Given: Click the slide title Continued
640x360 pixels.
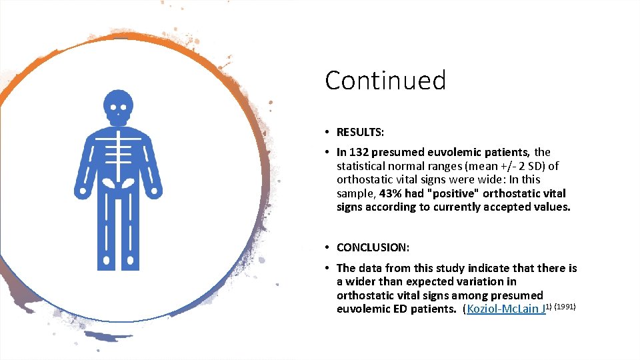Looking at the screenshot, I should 385,81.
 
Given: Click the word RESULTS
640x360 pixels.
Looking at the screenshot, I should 360,132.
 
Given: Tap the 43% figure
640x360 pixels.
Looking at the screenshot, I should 391,193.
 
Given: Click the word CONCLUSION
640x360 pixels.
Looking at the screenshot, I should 373,247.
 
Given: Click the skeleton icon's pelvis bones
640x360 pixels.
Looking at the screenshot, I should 118,182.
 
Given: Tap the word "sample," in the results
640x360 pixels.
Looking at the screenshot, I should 356,193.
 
